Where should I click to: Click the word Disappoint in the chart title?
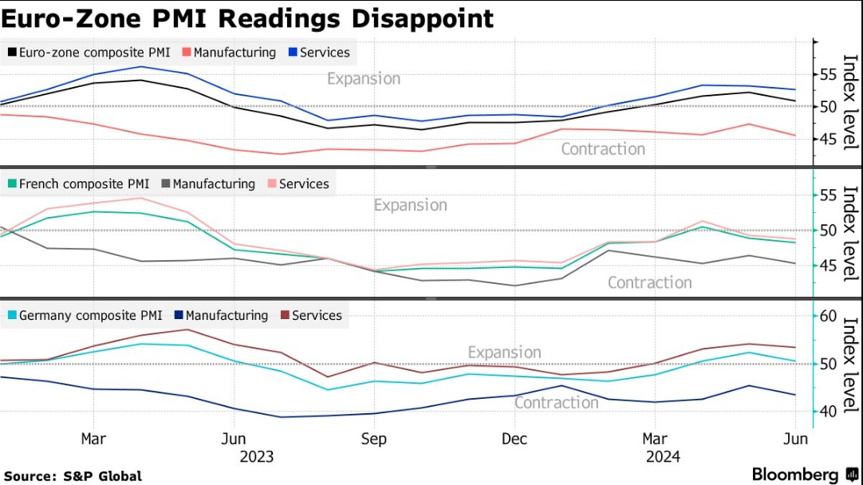[417, 18]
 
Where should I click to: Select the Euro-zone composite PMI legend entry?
[89, 53]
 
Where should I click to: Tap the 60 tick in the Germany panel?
[828, 316]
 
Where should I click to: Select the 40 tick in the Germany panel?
[828, 411]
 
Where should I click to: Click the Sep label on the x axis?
[373, 439]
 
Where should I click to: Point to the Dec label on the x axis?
[514, 439]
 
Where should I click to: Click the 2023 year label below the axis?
[256, 456]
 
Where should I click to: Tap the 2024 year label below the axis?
[664, 456]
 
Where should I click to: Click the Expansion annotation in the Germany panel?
[504, 353]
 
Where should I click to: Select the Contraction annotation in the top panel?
[603, 149]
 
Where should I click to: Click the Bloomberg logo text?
[795, 475]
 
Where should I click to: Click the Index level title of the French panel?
[850, 233]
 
